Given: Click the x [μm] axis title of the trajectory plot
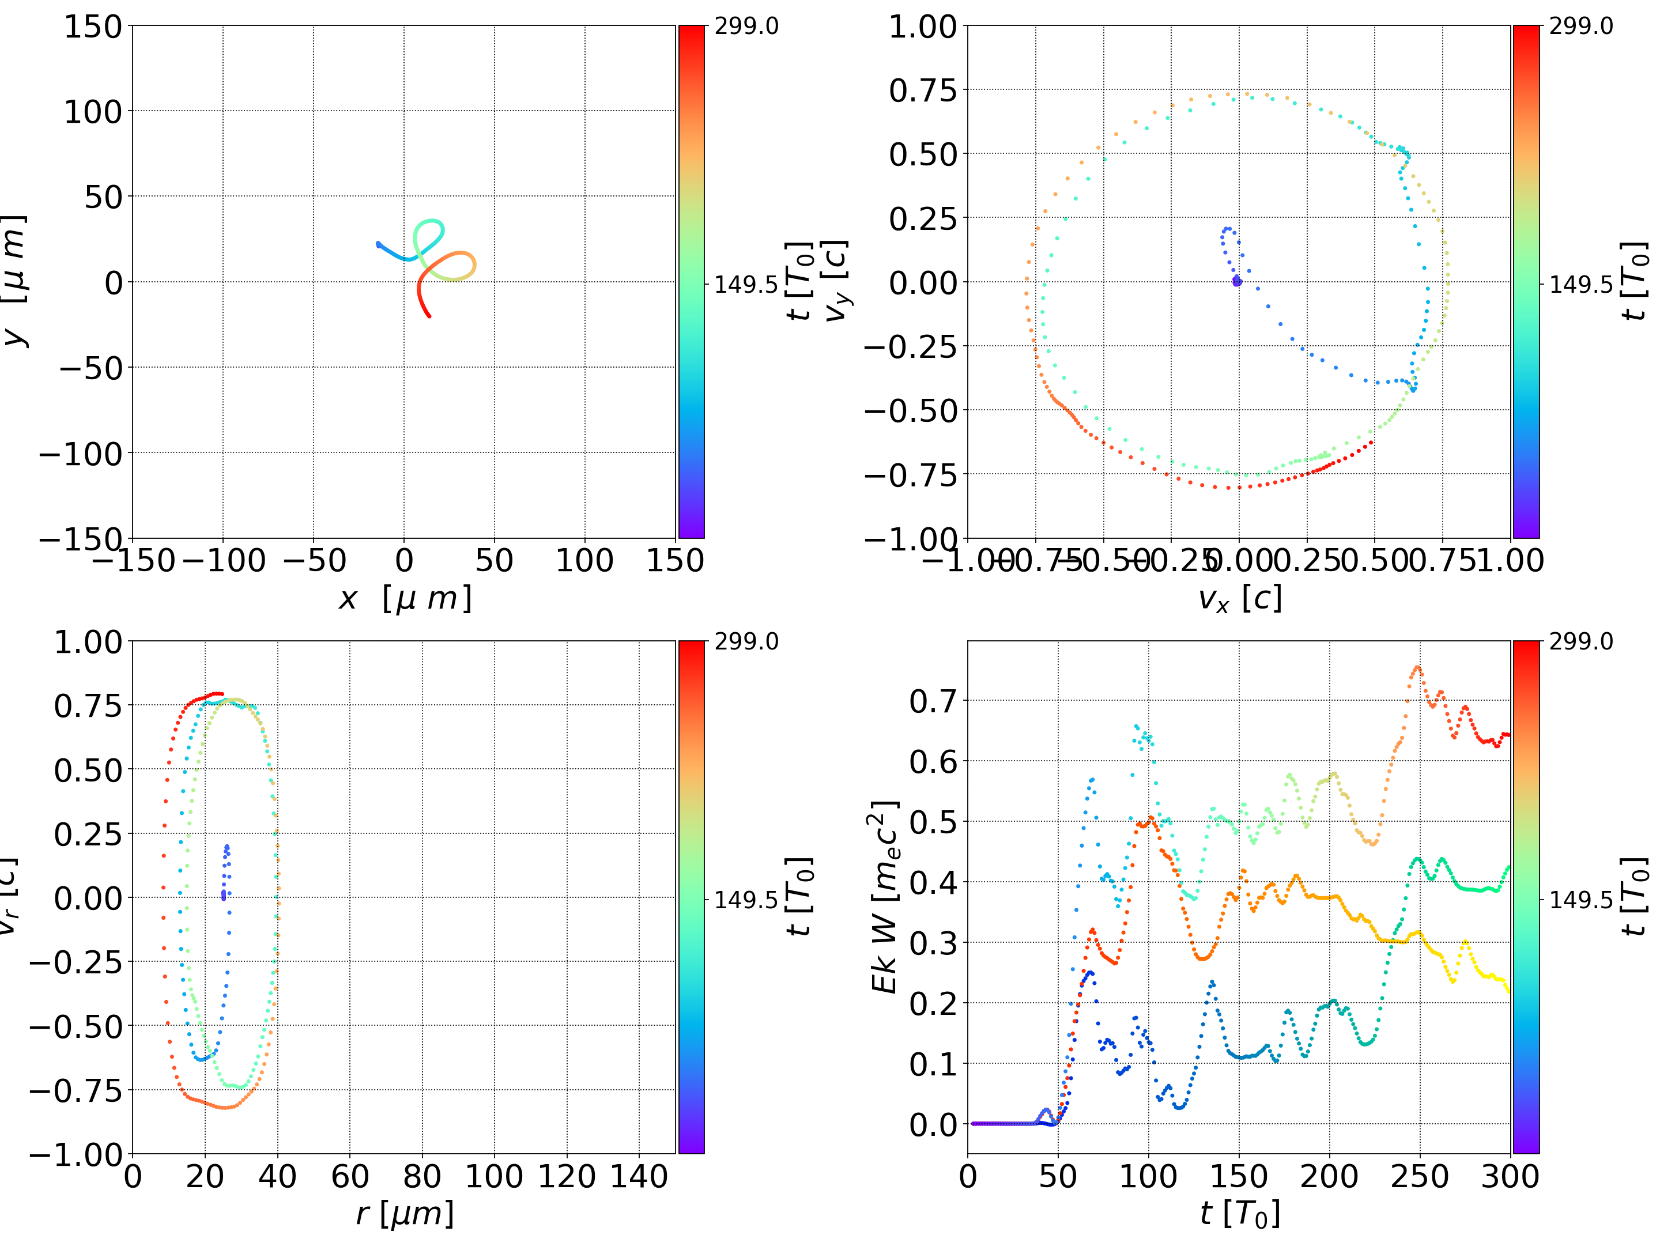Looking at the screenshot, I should pos(405,599).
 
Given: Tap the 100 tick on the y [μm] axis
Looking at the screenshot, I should pos(92,112).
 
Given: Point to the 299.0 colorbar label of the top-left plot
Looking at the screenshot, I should pos(746,27).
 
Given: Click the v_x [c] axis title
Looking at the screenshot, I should pos(1240,599).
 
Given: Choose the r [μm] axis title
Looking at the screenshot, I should pos(405,1214).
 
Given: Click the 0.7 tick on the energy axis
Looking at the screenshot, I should pos(934,702).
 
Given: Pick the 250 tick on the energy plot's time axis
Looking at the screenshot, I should pos(1419,1176).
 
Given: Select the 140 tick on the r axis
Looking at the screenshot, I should pos(639,1176).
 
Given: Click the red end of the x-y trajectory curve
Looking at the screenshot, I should pos(429,316).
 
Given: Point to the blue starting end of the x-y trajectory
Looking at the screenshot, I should pos(378,244).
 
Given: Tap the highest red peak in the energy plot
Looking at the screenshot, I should pos(1417,667).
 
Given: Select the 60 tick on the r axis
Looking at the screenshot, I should pos(350,1176).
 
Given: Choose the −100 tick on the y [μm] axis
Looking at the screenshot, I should pos(80,454).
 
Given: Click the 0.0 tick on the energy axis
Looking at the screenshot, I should pos(934,1125).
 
